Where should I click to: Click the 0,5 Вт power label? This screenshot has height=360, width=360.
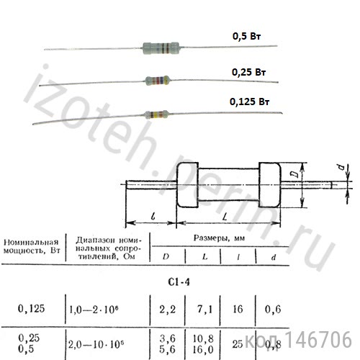coord(248,35)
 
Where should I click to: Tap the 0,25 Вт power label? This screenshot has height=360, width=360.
coord(249,73)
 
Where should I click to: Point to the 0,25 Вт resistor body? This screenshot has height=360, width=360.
coord(158,80)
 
